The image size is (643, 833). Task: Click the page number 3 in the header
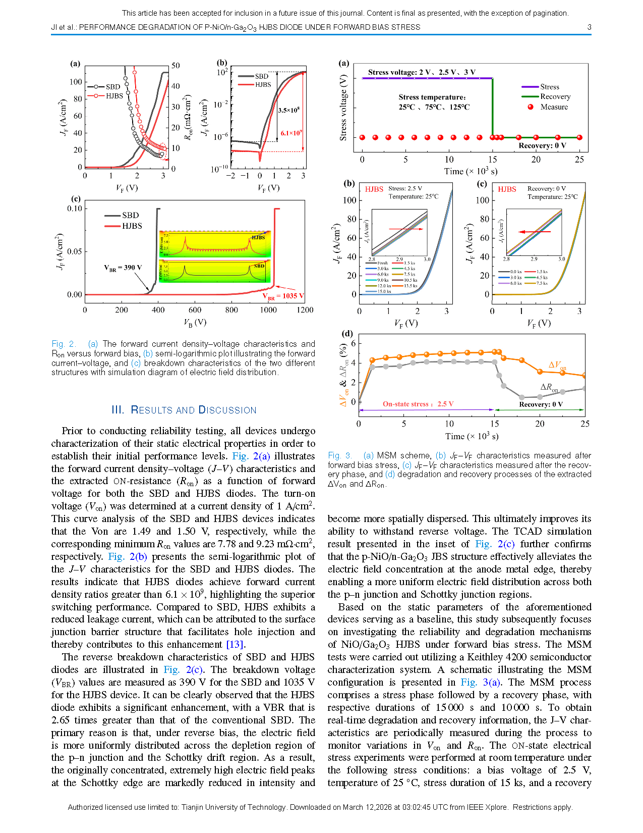(x=589, y=27)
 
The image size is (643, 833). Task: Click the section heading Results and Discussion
(x=184, y=410)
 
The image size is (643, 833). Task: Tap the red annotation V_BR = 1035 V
(x=283, y=296)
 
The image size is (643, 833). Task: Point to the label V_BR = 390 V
(x=123, y=268)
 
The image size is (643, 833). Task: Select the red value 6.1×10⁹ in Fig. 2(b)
(x=291, y=133)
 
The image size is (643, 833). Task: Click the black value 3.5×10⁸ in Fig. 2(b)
(x=288, y=110)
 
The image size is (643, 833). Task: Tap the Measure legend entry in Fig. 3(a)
(x=553, y=107)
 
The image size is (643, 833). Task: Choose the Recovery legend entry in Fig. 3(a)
(x=555, y=96)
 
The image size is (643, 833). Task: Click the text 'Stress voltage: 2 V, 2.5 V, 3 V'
(x=422, y=72)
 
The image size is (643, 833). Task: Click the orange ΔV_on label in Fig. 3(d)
(x=557, y=365)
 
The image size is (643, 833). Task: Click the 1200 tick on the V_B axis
(x=305, y=310)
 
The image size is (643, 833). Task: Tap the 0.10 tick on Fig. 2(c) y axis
(x=74, y=209)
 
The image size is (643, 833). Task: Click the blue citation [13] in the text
(x=235, y=645)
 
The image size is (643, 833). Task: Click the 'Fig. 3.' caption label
(x=340, y=455)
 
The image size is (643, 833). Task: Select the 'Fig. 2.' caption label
(x=64, y=344)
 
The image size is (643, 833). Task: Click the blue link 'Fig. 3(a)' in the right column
(x=481, y=683)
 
